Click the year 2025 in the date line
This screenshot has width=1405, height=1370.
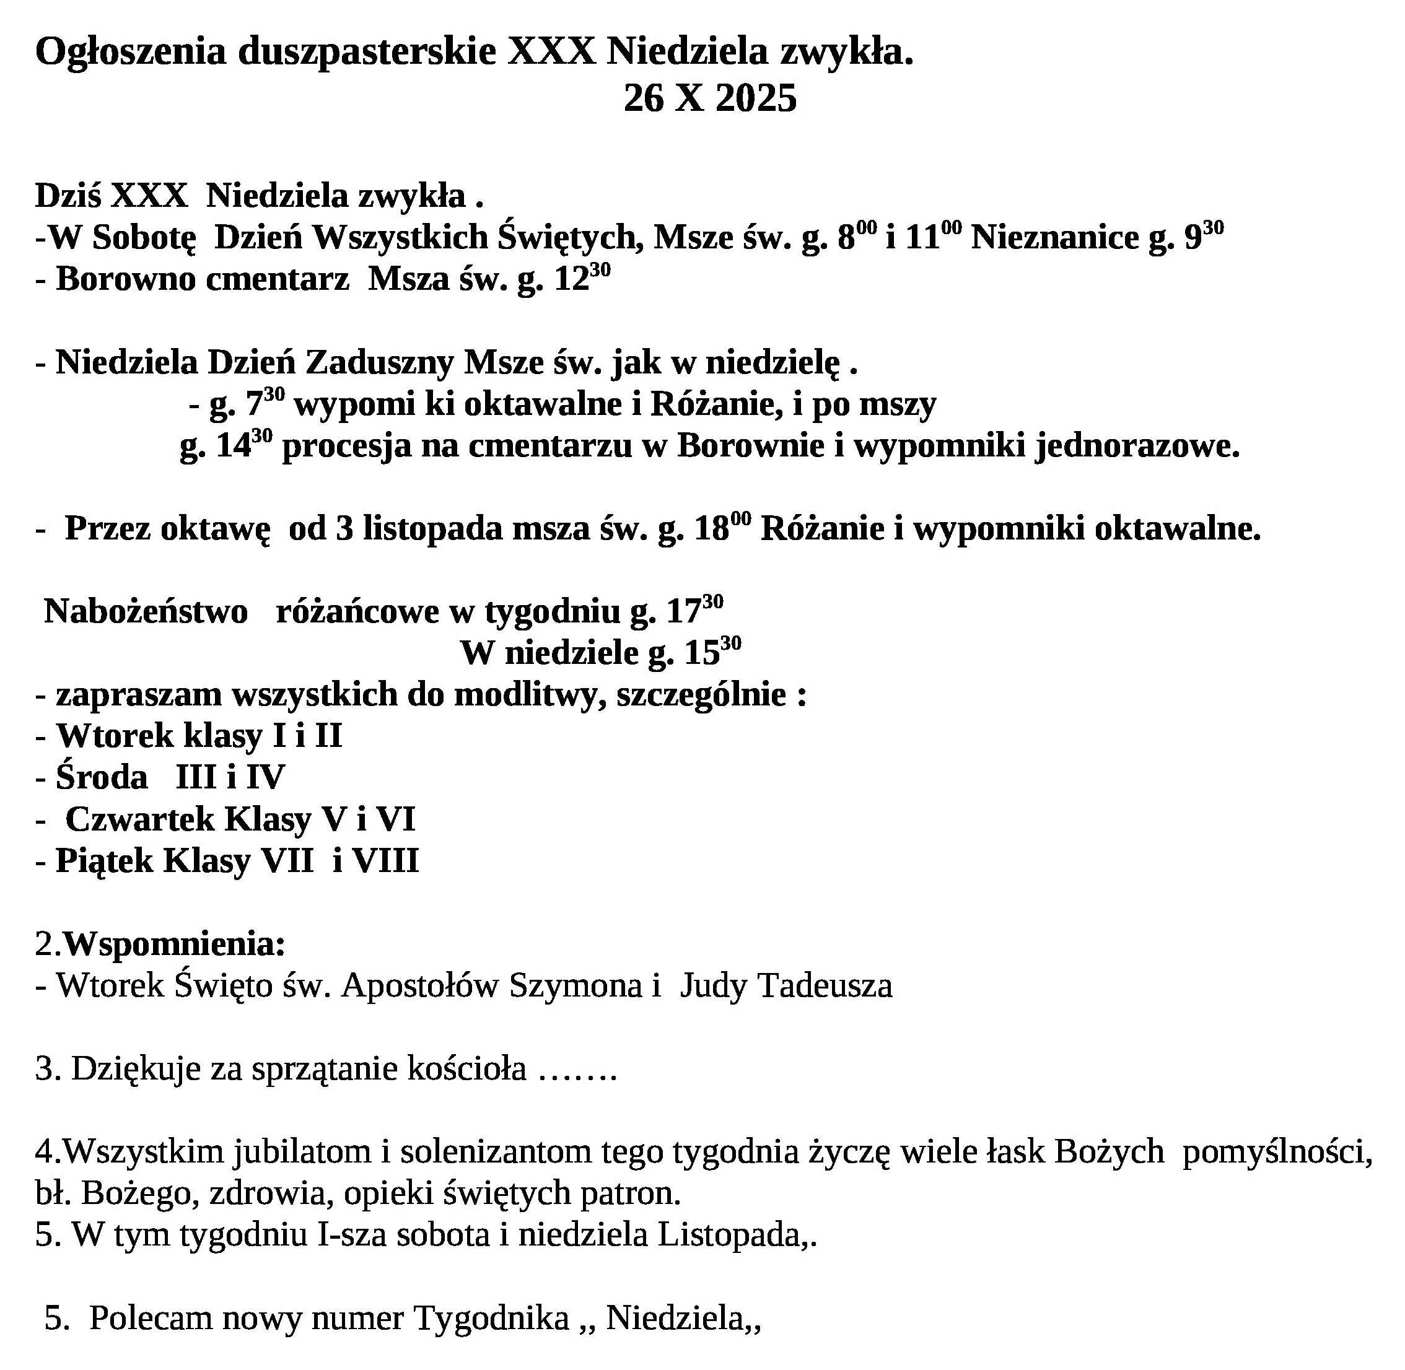(756, 98)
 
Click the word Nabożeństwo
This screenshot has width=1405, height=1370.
(146, 612)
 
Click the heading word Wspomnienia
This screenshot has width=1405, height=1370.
(174, 944)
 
